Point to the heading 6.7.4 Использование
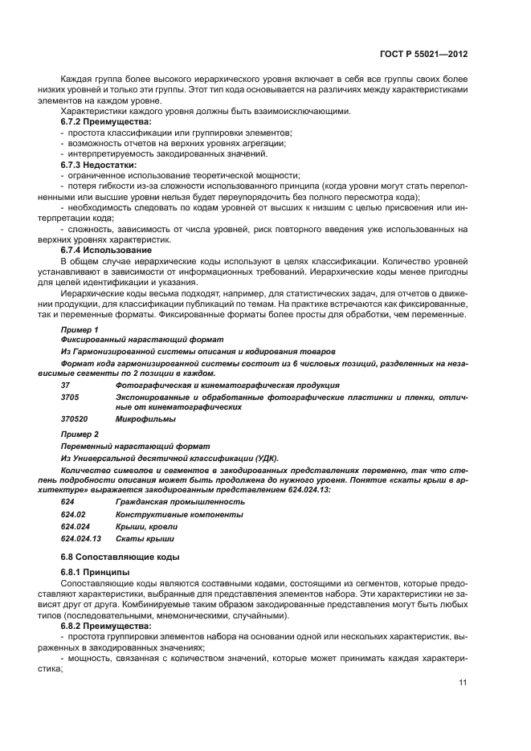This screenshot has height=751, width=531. point(101,250)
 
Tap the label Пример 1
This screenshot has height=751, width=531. point(80,330)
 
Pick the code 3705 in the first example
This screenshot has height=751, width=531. point(70,397)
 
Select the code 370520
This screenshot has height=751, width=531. point(74,418)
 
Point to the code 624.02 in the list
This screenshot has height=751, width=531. point(72,514)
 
